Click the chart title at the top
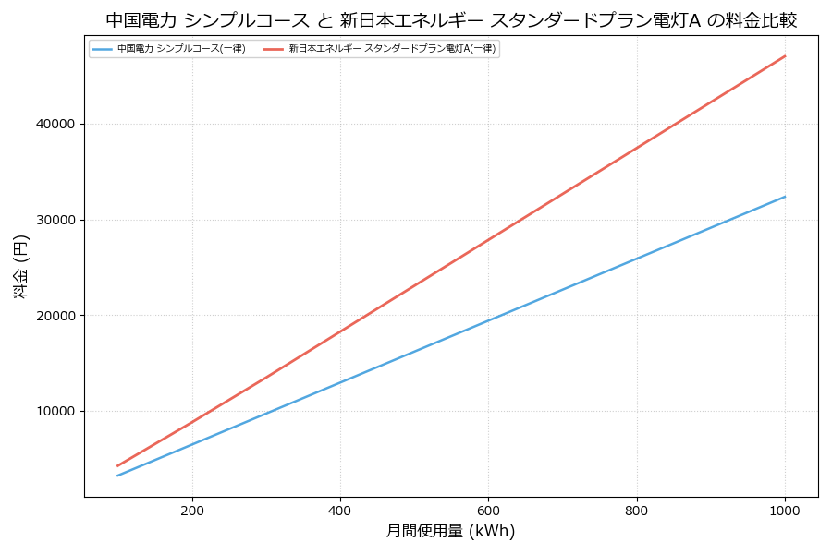(x=451, y=20)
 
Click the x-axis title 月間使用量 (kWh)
(x=450, y=531)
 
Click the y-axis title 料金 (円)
(x=21, y=266)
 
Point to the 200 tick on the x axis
(x=192, y=510)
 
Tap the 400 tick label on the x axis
(x=340, y=510)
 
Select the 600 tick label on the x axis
(x=488, y=510)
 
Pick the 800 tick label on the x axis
(x=637, y=510)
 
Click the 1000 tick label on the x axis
(x=785, y=510)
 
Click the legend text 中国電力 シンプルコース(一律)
(x=181, y=49)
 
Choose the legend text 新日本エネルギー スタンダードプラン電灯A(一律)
(x=392, y=49)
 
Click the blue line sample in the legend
(x=103, y=49)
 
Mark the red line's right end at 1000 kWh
(x=785, y=56)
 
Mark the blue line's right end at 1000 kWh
(x=785, y=197)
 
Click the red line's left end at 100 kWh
(x=117, y=466)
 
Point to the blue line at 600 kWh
(x=488, y=321)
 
